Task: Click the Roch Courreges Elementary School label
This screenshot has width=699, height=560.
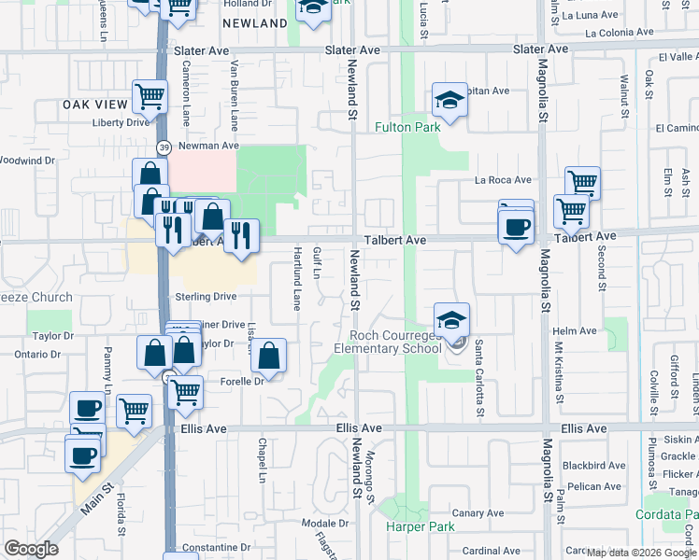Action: pyautogui.click(x=395, y=343)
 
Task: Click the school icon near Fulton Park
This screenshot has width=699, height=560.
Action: pyautogui.click(x=449, y=100)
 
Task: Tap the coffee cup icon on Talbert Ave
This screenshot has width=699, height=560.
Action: pyautogui.click(x=516, y=227)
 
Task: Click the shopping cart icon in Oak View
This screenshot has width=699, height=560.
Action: pyautogui.click(x=150, y=95)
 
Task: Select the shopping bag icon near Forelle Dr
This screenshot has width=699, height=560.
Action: pyautogui.click(x=268, y=356)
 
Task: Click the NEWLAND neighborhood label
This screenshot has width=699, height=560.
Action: pyautogui.click(x=255, y=23)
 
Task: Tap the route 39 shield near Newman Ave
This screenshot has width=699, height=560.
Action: pyautogui.click(x=164, y=147)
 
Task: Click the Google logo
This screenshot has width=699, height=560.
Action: pyautogui.click(x=31, y=549)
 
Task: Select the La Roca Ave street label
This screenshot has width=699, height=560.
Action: pyautogui.click(x=502, y=180)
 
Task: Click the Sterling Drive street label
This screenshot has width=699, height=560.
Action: pyautogui.click(x=206, y=297)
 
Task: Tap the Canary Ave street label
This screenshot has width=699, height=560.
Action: pyautogui.click(x=478, y=513)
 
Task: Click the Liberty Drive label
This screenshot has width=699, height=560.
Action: pyautogui.click(x=120, y=122)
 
